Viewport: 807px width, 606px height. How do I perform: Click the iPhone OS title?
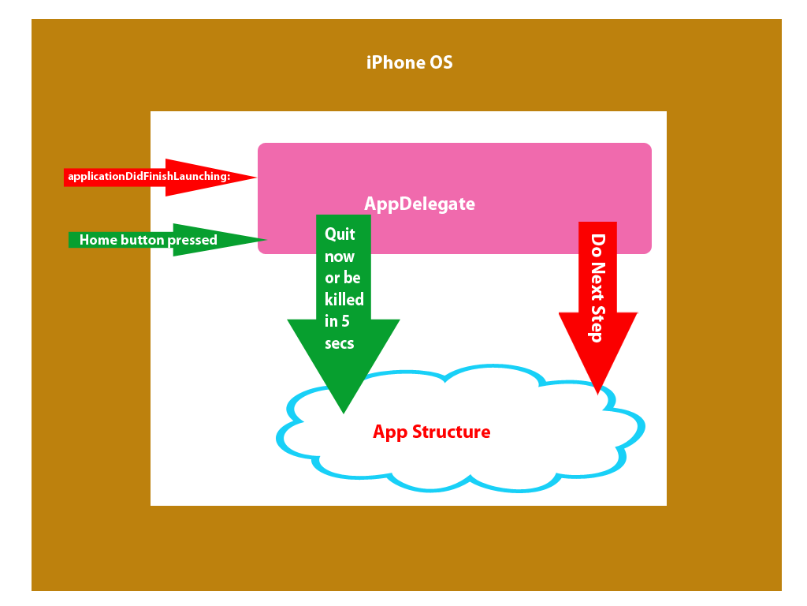pyautogui.click(x=409, y=62)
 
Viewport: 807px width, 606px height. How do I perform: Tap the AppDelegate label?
pyautogui.click(x=419, y=204)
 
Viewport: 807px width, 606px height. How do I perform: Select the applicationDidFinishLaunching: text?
pyautogui.click(x=149, y=177)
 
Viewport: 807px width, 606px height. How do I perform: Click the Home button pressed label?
pyautogui.click(x=148, y=240)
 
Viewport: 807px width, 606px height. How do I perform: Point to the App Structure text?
pyautogui.click(x=431, y=432)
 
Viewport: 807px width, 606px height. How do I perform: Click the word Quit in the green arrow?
pyautogui.click(x=340, y=234)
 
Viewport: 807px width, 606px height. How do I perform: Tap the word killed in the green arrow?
pyautogui.click(x=344, y=300)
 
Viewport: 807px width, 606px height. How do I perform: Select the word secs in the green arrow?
pyautogui.click(x=339, y=343)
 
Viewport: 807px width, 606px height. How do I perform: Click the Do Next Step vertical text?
pyautogui.click(x=597, y=288)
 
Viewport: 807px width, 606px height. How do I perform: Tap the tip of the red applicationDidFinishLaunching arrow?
pyautogui.click(x=255, y=178)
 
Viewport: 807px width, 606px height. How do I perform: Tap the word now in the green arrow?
pyautogui.click(x=340, y=256)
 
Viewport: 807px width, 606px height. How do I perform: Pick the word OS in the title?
pyautogui.click(x=441, y=62)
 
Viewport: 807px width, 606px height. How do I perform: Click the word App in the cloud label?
pyautogui.click(x=389, y=432)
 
